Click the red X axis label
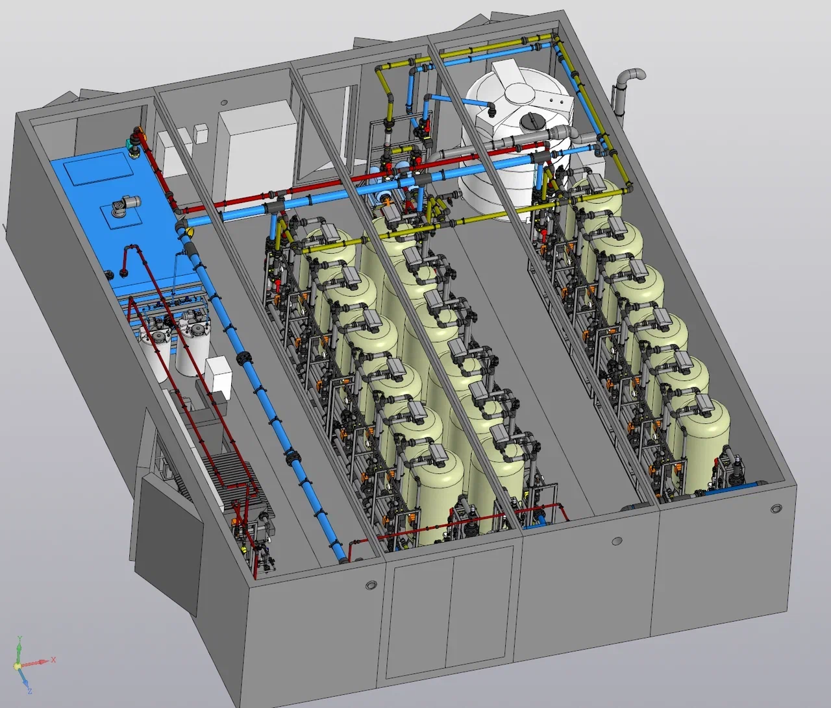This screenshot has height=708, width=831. click(53, 660)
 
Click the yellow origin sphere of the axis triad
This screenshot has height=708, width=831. click(18, 667)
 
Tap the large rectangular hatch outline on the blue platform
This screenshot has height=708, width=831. click(99, 168)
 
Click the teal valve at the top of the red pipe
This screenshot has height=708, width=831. click(131, 143)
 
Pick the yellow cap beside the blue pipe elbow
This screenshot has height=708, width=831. click(188, 232)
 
